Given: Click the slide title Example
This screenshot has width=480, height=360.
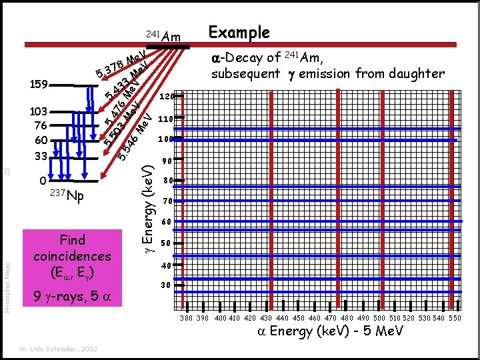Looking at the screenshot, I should pos(239,32).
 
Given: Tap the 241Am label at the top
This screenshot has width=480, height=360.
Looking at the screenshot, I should pos(163,36).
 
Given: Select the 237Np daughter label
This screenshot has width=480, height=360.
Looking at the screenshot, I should pos(67,197).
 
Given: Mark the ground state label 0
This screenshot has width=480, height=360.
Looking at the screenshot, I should pos(42,180).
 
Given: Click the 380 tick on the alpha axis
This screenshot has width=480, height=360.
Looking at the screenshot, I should pos(187,319).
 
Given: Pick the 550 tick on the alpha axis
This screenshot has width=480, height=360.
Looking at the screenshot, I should pos(455,319).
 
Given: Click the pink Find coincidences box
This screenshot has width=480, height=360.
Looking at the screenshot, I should pos(72,255).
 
